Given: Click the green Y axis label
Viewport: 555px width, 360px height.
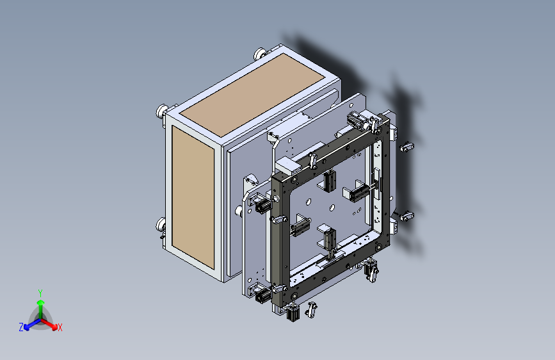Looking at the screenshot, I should [40, 291].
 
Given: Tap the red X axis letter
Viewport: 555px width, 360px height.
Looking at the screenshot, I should [60, 327].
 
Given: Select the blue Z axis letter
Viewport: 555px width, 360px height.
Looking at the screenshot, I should [21, 327].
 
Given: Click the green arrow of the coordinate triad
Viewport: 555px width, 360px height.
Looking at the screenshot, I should [40, 304].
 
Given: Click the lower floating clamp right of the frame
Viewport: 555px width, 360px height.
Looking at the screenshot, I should [406, 216].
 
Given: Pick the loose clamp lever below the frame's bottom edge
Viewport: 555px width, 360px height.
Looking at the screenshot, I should [313, 309].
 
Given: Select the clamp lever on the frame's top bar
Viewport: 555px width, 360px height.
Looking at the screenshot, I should [312, 160].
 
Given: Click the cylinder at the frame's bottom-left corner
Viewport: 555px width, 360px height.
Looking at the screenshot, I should [262, 295].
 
